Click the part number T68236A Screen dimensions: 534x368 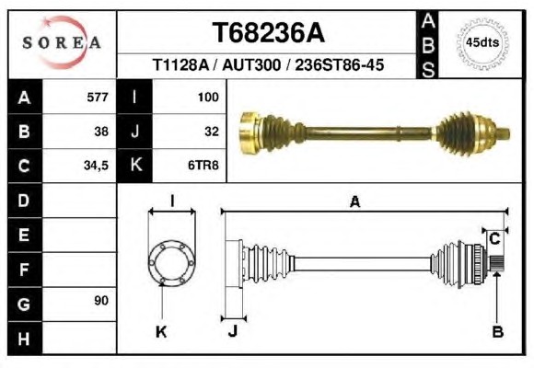pos(268,33)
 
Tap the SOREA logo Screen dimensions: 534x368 pos(62,43)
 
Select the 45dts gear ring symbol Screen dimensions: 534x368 pos(482,43)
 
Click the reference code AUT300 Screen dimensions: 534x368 pos(251,64)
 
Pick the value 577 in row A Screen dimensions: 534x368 pos(98,97)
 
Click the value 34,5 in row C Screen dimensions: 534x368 pos(96,166)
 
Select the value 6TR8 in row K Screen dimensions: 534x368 pos(203,166)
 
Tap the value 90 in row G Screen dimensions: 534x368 pos(101,301)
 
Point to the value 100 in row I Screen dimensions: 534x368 pos(208,97)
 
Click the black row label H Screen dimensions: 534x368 pos(24,339)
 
